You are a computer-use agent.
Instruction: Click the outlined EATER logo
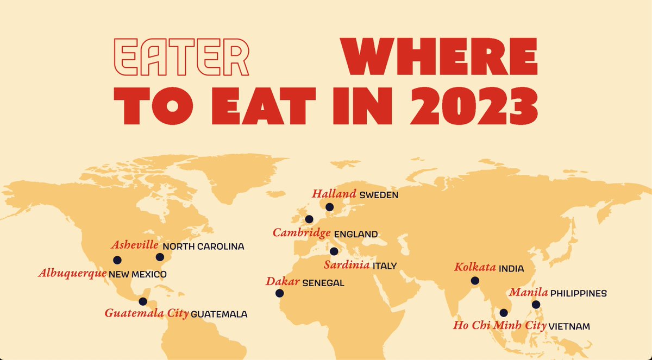180,57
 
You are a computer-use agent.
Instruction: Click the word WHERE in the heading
439,57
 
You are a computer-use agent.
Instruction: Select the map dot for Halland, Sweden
329,206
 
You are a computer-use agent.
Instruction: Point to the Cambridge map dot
309,219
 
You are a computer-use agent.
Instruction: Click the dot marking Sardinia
334,251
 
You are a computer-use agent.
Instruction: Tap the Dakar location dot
279,293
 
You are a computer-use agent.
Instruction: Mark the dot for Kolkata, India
475,281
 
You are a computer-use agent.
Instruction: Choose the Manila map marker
536,305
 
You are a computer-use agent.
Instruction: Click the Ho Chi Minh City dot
504,313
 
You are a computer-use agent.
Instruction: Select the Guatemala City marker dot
143,301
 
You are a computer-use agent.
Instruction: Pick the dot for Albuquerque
117,260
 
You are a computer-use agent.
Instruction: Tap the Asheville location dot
160,257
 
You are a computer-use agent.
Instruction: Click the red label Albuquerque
72,274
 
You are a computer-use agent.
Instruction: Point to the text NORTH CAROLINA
204,247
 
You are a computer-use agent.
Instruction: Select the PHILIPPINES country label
578,294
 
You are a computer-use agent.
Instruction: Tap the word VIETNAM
569,327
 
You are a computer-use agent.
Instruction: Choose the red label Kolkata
475,267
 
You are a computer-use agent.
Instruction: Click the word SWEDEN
379,195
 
